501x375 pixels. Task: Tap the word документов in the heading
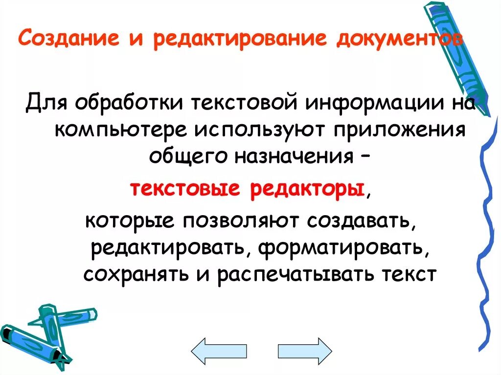click(x=399, y=39)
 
